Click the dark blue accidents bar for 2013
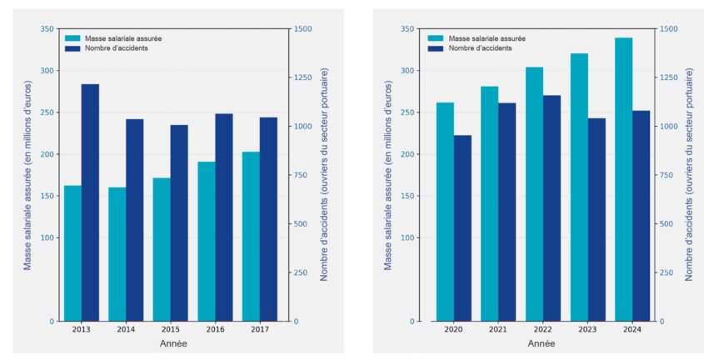coord(90,202)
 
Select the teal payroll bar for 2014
coord(117,254)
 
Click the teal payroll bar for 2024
coord(623,179)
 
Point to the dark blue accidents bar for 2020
coord(462,228)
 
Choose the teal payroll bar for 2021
coord(489,204)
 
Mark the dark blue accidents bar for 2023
coord(597,220)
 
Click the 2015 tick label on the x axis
coord(170,330)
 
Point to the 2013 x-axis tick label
coord(81,330)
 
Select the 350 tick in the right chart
coord(407,29)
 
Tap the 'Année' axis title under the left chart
coord(173,343)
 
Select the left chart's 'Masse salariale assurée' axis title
coord(27,175)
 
